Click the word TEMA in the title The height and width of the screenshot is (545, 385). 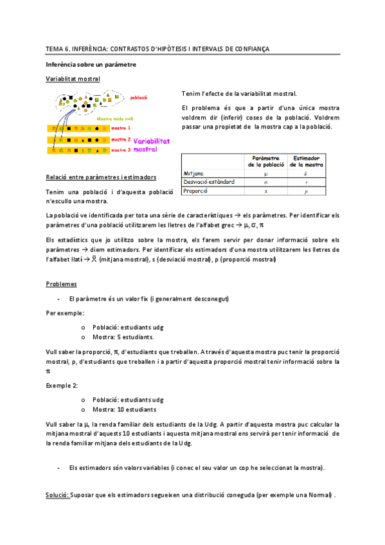pos(53,49)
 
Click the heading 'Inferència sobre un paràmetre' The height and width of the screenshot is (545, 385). pos(90,65)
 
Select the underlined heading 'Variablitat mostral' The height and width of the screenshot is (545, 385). pos(73,79)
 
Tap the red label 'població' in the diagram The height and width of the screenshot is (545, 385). pos(139,98)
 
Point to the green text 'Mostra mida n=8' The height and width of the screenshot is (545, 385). pos(115,119)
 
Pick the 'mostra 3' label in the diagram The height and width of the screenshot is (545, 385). pos(121,150)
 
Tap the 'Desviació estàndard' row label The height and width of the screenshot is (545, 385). pos(209,182)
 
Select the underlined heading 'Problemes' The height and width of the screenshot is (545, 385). pos(61,283)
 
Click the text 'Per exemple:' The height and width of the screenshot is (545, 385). pos(64,313)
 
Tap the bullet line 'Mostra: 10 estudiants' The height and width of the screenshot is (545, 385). pos(124,409)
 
